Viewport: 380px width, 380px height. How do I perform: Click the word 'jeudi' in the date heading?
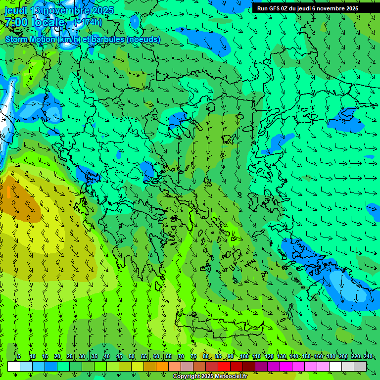click(x=16, y=10)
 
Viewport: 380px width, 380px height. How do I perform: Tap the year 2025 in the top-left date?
click(x=102, y=10)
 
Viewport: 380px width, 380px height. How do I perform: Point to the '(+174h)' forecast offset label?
click(x=88, y=22)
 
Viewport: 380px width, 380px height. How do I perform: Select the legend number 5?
click(x=19, y=357)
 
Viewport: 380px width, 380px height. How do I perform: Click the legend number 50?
click(x=132, y=357)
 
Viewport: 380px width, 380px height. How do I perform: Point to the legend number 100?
click(x=244, y=357)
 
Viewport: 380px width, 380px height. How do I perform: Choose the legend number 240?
click(x=368, y=357)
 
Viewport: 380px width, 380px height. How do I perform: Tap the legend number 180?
click(x=331, y=357)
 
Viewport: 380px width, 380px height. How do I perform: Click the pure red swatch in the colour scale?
click(x=224, y=367)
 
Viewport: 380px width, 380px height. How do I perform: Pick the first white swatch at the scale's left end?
click(x=14, y=367)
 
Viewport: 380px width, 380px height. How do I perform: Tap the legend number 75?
click(x=193, y=357)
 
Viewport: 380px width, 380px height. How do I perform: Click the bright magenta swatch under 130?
click(x=286, y=367)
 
